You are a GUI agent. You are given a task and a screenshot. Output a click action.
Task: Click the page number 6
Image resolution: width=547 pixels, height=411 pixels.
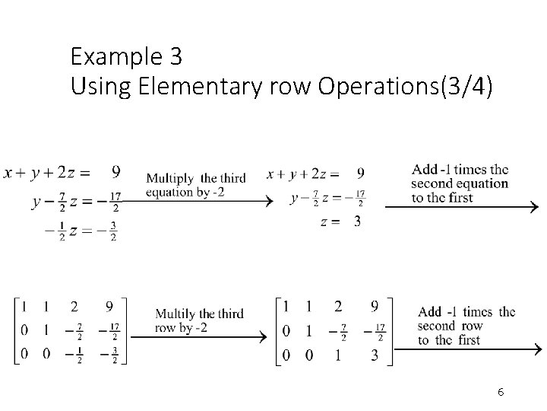click(x=501, y=392)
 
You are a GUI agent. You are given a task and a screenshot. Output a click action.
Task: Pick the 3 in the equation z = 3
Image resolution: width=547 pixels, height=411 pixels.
click(x=357, y=221)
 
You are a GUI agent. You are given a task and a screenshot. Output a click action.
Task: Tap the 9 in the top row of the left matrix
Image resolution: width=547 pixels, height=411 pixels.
click(x=109, y=307)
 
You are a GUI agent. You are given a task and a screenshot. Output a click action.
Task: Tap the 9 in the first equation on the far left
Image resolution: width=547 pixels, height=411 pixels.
click(x=115, y=173)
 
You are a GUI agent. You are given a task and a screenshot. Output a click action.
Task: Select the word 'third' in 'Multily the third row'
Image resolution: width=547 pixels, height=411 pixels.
click(x=229, y=314)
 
